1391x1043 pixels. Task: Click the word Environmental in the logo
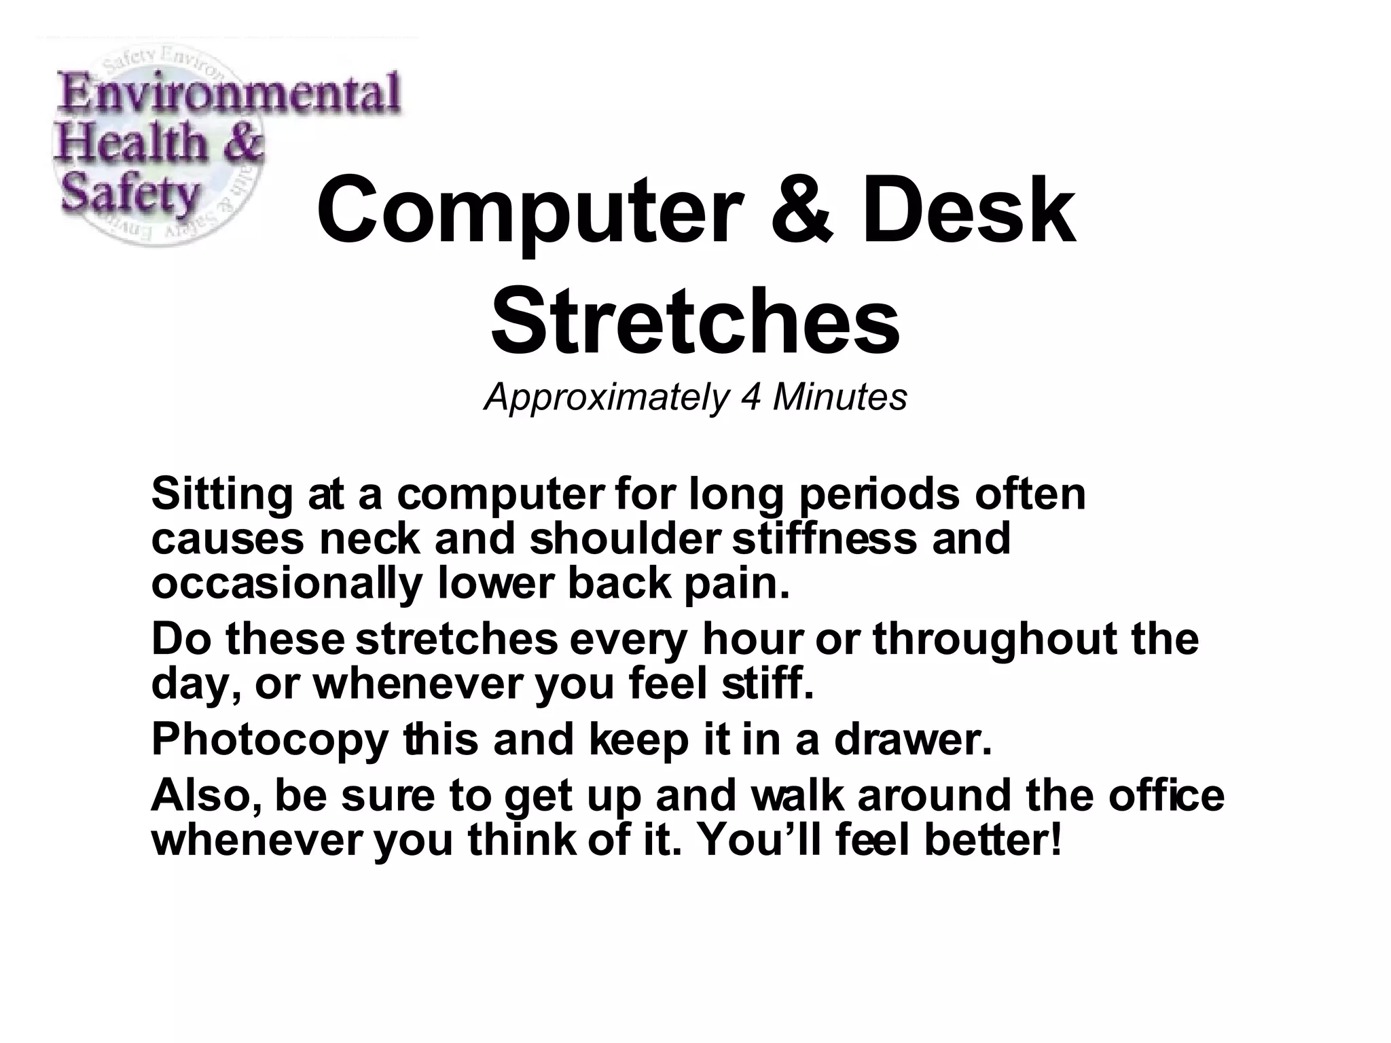point(230,96)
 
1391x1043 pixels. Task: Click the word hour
point(753,640)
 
